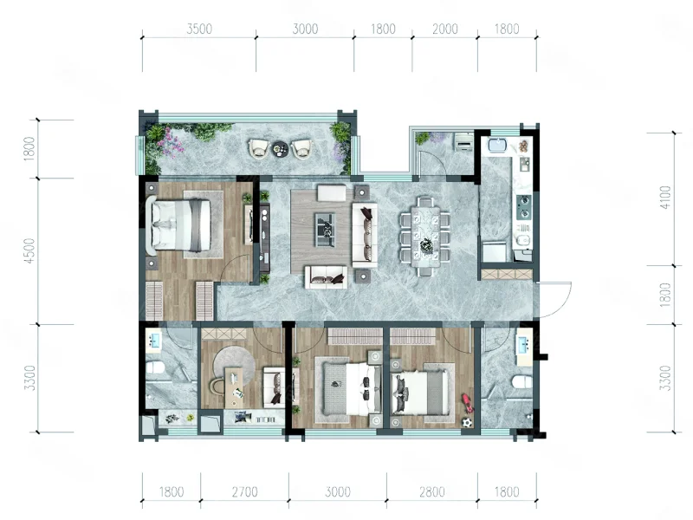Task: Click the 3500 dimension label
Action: (199, 29)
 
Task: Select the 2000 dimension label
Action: (444, 29)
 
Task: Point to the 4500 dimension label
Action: (29, 250)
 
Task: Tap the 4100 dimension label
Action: (664, 198)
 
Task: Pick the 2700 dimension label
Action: (244, 491)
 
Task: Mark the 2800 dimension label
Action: (431, 491)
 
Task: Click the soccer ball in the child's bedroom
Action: (467, 422)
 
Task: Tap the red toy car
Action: (467, 403)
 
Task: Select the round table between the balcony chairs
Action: (280, 148)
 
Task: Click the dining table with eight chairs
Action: (425, 237)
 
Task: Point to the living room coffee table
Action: (325, 230)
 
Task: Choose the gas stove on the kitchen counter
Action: (524, 206)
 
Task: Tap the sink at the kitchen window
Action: (501, 146)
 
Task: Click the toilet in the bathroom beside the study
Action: (155, 367)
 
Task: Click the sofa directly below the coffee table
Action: (326, 276)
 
